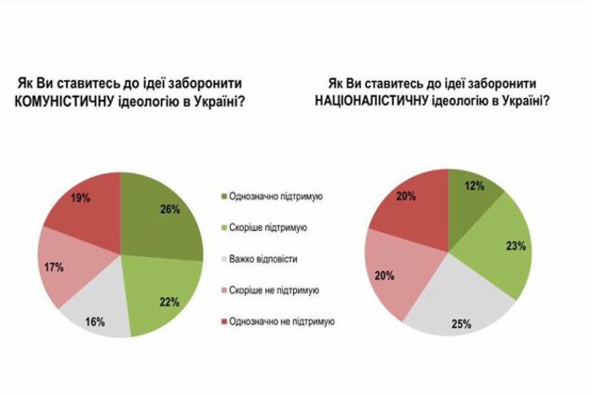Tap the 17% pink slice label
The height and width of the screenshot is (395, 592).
point(54,267)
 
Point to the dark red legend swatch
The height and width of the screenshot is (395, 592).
point(223,321)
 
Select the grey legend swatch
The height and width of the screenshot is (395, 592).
point(223,258)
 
